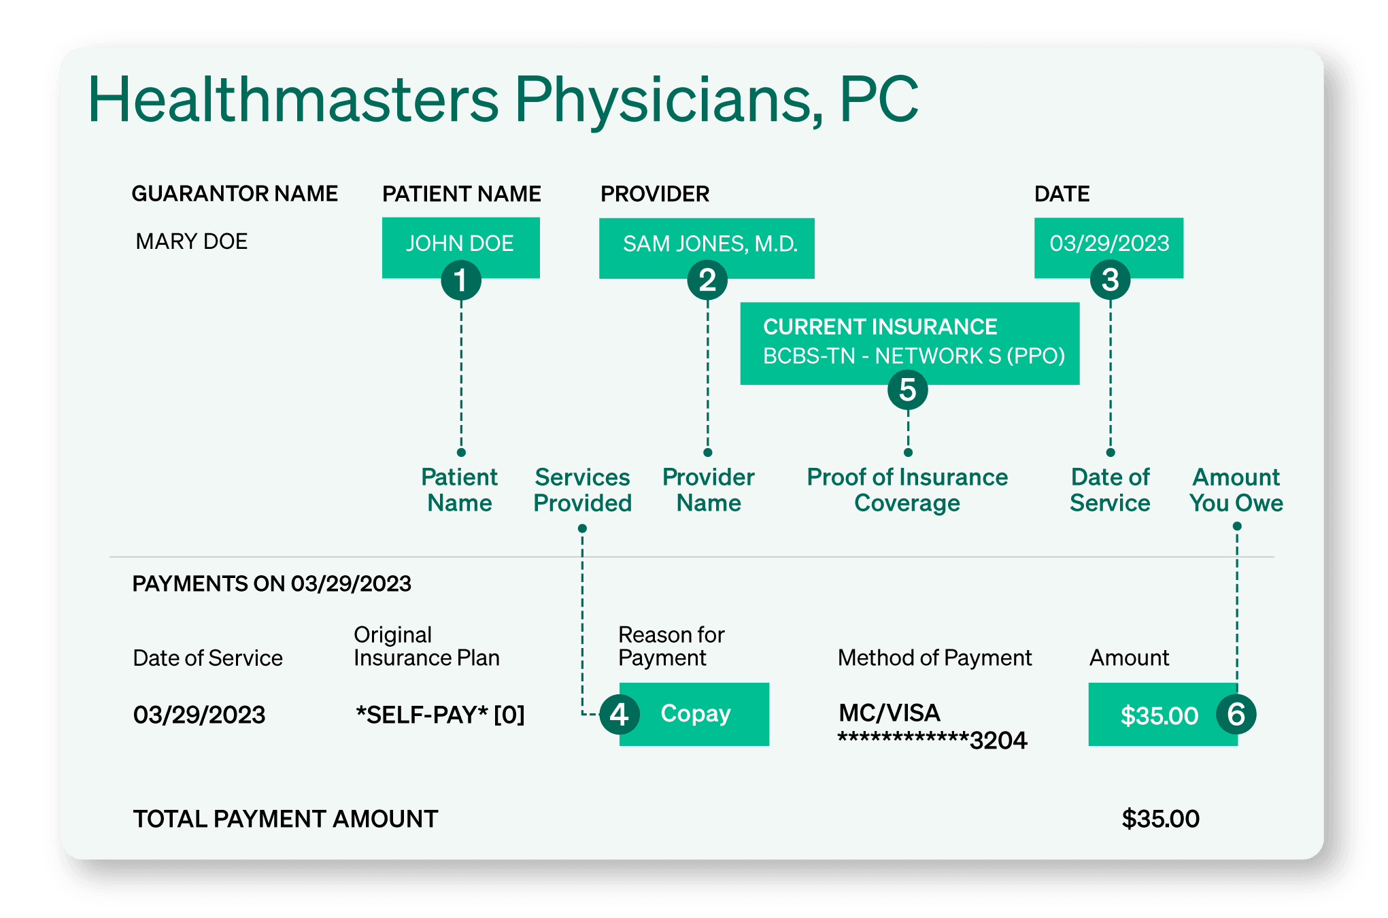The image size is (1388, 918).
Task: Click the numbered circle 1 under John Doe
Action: pos(461,280)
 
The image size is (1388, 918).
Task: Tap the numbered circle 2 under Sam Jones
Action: pos(707,280)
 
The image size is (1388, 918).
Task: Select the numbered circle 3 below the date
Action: pos(1110,279)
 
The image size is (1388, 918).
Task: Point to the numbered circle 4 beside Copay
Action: pos(619,715)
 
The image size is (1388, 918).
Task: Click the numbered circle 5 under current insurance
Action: pos(907,390)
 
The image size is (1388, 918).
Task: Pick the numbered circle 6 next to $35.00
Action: pos(1236,715)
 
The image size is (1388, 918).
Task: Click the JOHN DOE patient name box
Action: pos(460,243)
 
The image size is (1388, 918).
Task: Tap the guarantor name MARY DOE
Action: pos(192,241)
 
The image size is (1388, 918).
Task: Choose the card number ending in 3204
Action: pos(932,741)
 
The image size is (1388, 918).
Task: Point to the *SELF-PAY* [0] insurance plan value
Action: pos(440,715)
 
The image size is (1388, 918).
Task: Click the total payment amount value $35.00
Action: pos(1160,819)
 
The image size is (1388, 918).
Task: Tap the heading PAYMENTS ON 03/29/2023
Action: pos(271,583)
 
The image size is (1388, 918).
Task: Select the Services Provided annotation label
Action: pos(582,490)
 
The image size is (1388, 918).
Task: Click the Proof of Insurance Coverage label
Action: pos(907,490)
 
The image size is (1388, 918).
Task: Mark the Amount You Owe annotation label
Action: pos(1236,490)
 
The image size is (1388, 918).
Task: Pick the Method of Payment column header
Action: pos(934,658)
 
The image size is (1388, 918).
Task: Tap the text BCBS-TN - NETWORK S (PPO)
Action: pos(913,356)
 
